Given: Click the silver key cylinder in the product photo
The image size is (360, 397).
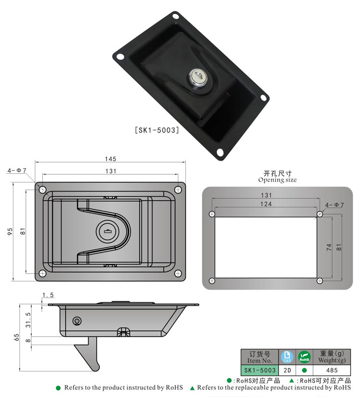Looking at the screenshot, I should pyautogui.click(x=197, y=76).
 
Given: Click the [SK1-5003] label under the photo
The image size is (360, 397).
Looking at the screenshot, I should pyautogui.click(x=156, y=130).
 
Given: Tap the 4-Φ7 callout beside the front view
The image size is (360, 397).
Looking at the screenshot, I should pyautogui.click(x=16, y=170).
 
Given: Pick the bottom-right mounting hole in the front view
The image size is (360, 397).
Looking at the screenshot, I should pyautogui.click(x=178, y=274).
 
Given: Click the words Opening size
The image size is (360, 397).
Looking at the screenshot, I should pyautogui.click(x=277, y=180).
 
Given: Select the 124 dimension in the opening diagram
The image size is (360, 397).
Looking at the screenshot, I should pyautogui.click(x=266, y=204).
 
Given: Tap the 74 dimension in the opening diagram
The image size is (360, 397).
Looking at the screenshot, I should pyautogui.click(x=329, y=247).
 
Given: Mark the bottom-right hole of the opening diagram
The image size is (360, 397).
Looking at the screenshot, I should pyautogui.click(x=319, y=280).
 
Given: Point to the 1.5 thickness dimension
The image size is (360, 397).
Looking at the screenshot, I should pyautogui.click(x=48, y=295).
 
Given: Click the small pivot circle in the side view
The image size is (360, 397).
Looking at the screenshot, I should pyautogui.click(x=77, y=321).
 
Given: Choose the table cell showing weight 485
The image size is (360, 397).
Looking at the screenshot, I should pyautogui.click(x=331, y=370).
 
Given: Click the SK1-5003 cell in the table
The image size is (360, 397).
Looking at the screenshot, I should pyautogui.click(x=259, y=370).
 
